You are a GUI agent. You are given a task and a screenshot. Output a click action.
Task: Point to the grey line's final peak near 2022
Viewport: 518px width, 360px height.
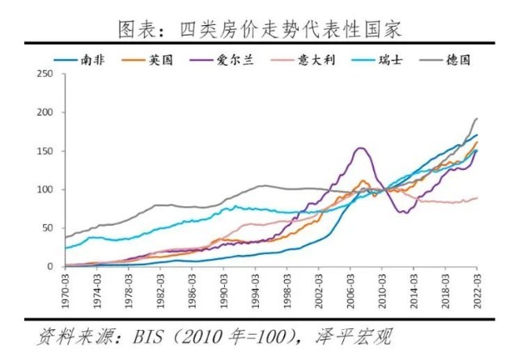tap(476, 119)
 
